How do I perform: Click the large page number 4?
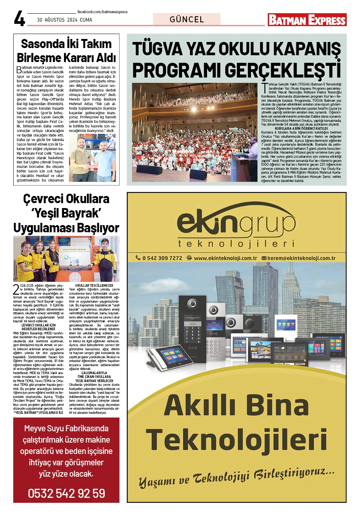tap(19, 18)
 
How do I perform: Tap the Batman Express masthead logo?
tap(307, 20)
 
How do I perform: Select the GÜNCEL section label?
tap(187, 19)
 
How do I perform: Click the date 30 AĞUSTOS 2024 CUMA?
tap(65, 20)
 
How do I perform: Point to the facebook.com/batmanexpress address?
tap(103, 12)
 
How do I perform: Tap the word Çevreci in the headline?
tap(45, 199)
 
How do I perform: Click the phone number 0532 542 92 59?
tap(66, 493)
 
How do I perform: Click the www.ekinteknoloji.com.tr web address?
tap(225, 258)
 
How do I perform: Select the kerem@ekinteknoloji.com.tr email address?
tap(301, 258)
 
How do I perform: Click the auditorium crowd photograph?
tap(195, 132)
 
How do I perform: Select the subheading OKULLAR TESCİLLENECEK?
tap(94, 285)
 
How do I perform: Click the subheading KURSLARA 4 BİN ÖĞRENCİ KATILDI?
tap(301, 129)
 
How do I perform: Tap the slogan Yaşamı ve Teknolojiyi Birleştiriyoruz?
tap(237, 477)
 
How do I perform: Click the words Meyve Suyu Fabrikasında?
tap(66, 429)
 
